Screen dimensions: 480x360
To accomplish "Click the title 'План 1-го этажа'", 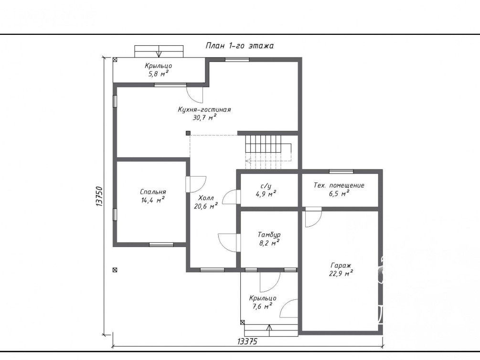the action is point(239,46).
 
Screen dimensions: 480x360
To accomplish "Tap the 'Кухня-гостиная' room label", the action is point(204,110).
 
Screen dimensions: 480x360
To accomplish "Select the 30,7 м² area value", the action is point(204,117).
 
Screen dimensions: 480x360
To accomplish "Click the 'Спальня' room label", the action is point(153,192).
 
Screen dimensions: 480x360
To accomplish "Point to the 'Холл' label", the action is point(206,198).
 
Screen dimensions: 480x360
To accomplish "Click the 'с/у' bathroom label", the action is point(266,186).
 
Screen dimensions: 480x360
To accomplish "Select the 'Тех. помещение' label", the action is point(339,185).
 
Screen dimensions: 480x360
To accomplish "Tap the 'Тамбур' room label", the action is point(269,235).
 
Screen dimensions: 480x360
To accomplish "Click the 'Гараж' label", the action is point(341,265).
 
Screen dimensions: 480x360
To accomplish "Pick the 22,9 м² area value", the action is point(341,274).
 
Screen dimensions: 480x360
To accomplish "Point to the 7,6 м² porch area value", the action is point(262,306).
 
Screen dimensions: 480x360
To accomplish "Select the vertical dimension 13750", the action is point(99,196).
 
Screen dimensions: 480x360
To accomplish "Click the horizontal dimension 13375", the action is point(247,341).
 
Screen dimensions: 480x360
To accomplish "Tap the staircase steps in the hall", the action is point(268,152).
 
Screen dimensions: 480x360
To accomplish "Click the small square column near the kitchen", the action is point(188,133).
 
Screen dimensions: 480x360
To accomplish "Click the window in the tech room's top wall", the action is point(341,171).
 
